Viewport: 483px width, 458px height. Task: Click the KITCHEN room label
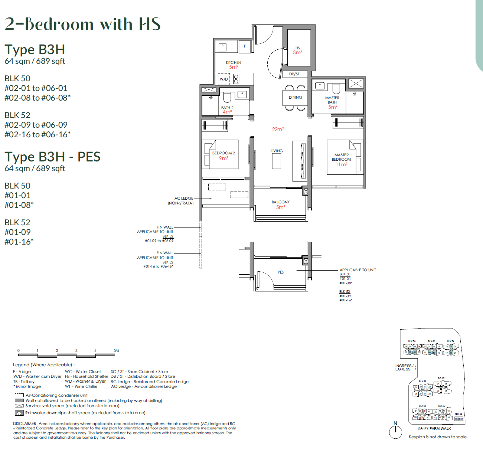tap(234, 62)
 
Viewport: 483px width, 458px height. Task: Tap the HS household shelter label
tap(297, 48)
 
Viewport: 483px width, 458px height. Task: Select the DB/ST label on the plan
tap(294, 74)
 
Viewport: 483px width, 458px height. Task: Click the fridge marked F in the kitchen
tap(245, 46)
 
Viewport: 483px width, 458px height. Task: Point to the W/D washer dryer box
tap(224, 79)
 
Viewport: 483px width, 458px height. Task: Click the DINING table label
tap(295, 97)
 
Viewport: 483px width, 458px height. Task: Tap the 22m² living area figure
tap(278, 129)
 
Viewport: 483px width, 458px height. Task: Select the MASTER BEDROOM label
tap(341, 157)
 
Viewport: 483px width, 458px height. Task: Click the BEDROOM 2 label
tap(223, 153)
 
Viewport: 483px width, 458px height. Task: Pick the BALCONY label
tap(280, 202)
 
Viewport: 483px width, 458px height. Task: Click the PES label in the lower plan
tap(281, 272)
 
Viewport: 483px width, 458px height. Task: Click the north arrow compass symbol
tap(396, 431)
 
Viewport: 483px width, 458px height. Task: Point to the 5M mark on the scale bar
tap(116, 350)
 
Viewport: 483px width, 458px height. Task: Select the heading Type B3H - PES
tap(52, 157)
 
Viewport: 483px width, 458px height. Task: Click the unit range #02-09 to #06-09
tap(36, 125)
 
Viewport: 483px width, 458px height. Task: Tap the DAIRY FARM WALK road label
tap(434, 428)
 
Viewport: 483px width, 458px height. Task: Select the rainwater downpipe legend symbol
tap(19, 413)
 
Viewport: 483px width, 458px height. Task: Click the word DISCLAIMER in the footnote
tap(25, 423)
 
